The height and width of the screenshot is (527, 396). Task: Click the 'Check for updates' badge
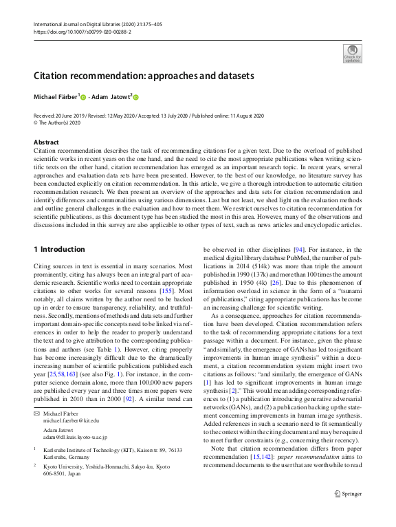tap(351, 53)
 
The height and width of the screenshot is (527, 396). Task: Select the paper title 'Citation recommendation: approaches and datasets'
tap(144, 76)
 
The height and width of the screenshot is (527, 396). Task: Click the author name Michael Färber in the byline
tap(56, 97)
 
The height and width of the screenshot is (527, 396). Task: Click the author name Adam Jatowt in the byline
tap(111, 97)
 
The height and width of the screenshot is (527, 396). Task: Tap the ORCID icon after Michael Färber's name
tap(84, 98)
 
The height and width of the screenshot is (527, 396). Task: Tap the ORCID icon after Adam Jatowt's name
tap(136, 98)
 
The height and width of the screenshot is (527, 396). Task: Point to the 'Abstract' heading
tap(46, 142)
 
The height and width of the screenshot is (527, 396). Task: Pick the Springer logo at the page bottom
tap(347, 513)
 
